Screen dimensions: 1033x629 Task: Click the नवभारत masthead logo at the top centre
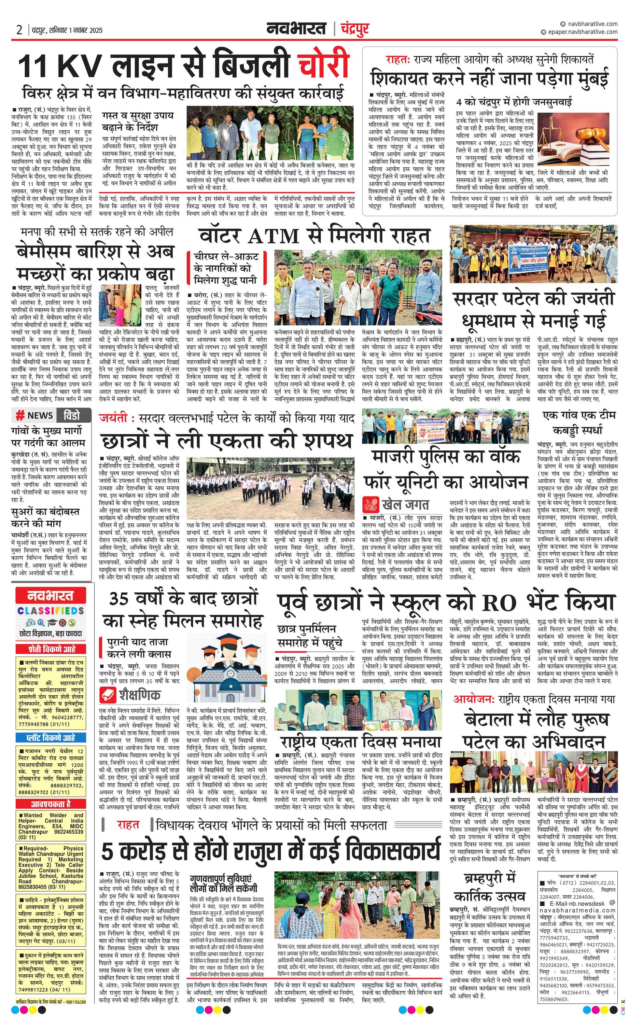point(296,29)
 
